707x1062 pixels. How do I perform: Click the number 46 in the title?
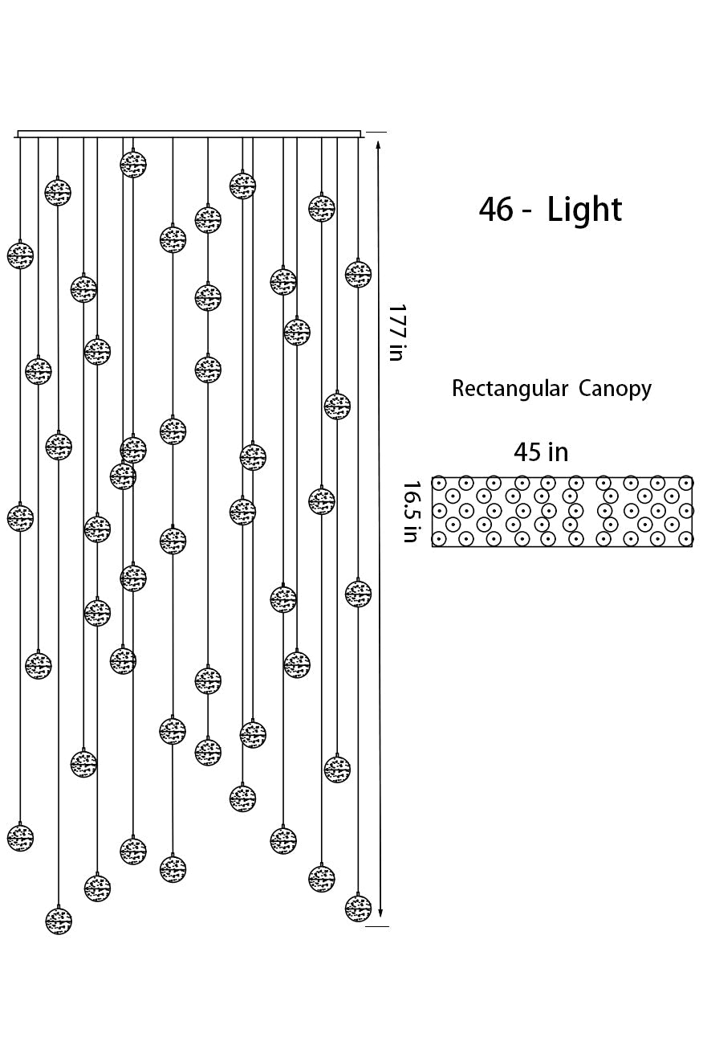tap(495, 210)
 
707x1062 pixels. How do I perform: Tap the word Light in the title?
tap(584, 210)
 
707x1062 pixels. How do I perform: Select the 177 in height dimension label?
tap(396, 332)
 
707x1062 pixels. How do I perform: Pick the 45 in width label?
tap(541, 452)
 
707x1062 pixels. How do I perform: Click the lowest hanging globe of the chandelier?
tap(59, 921)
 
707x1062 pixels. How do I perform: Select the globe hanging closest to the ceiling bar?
tap(133, 164)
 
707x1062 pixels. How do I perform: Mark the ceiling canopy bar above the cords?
tap(189, 134)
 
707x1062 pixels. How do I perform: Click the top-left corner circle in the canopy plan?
tap(439, 483)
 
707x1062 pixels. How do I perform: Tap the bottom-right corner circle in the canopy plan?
tap(685, 538)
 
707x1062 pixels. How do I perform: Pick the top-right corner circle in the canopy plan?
tap(685, 483)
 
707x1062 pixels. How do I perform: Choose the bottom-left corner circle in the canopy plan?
tap(439, 538)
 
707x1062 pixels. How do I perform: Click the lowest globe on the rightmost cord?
tap(358, 908)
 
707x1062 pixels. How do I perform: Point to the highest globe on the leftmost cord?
tap(21, 255)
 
